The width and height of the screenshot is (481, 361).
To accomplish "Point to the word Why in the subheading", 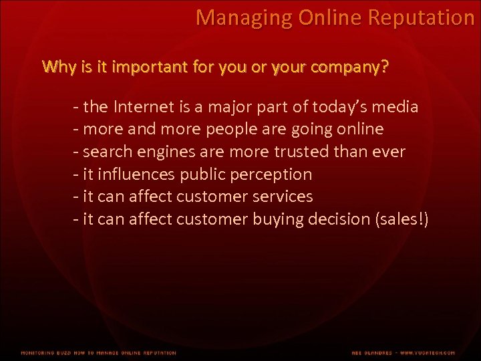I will coord(55,68).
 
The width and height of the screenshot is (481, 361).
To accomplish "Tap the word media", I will coord(399,107).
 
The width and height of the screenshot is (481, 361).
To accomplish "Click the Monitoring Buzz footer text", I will coord(98,352).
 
